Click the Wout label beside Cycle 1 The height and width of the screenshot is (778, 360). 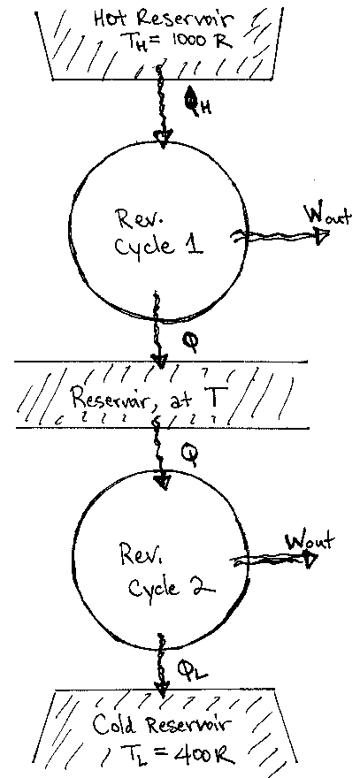coord(326,215)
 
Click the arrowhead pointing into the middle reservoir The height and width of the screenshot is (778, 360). coord(159,360)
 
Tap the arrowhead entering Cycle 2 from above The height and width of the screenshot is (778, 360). coord(163,482)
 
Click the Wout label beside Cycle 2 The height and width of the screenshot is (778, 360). coord(305,539)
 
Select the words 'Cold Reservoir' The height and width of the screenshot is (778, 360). coord(174,729)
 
